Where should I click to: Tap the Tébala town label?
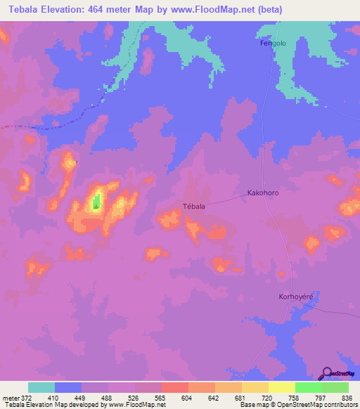pos(193,206)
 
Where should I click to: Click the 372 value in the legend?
pos(27,397)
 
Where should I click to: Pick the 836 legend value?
pos(347,397)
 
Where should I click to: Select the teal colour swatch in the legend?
pos(41,387)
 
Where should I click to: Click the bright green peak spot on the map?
pos(97,202)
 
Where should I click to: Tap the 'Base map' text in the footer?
pos(252,405)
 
